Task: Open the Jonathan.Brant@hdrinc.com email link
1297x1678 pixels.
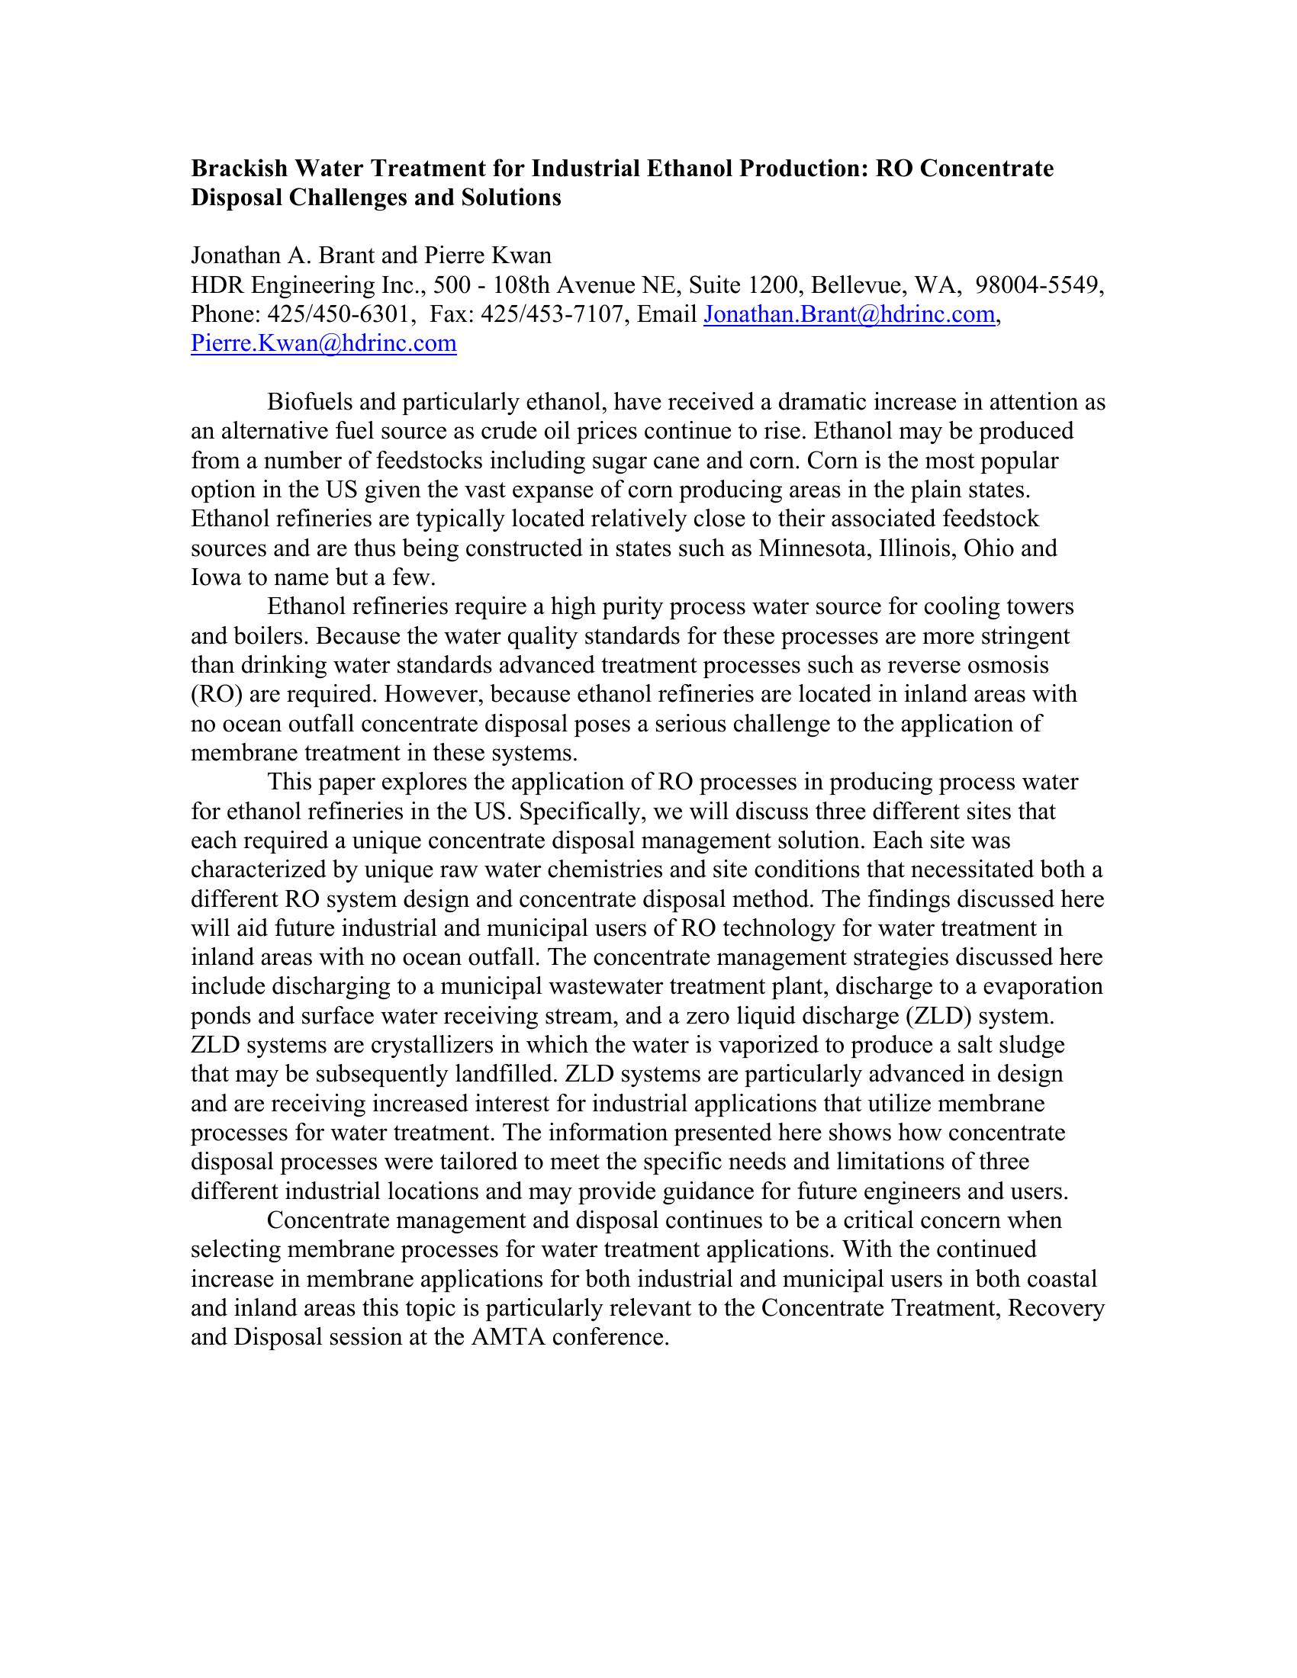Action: tap(849, 314)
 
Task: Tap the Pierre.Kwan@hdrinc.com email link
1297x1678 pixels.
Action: tap(323, 343)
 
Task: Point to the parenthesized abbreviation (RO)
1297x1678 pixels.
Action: tap(216, 694)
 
